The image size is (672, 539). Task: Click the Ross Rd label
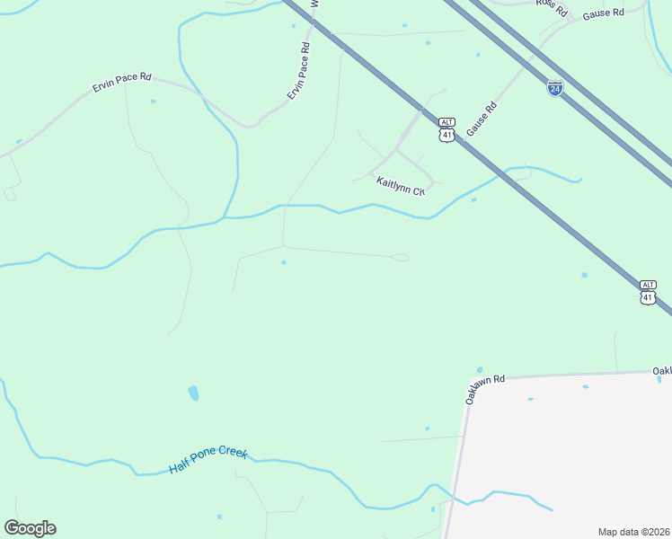pyautogui.click(x=553, y=7)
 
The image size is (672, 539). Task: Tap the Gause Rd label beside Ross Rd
pyautogui.click(x=603, y=13)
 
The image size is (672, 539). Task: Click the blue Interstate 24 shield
pyautogui.click(x=555, y=88)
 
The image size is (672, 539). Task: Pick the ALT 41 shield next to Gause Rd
pyautogui.click(x=447, y=129)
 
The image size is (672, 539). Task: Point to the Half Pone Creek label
pyautogui.click(x=208, y=461)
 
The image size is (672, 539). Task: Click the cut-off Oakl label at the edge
pyautogui.click(x=662, y=371)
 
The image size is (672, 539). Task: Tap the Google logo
pyautogui.click(x=30, y=528)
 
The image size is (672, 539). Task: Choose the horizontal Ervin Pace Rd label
pyautogui.click(x=123, y=84)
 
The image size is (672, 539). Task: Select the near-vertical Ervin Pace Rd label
pyautogui.click(x=298, y=71)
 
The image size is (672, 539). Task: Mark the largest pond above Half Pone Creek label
pyautogui.click(x=193, y=393)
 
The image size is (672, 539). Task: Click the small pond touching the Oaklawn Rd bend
pyautogui.click(x=480, y=369)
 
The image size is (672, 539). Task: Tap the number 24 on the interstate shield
pyautogui.click(x=555, y=90)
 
